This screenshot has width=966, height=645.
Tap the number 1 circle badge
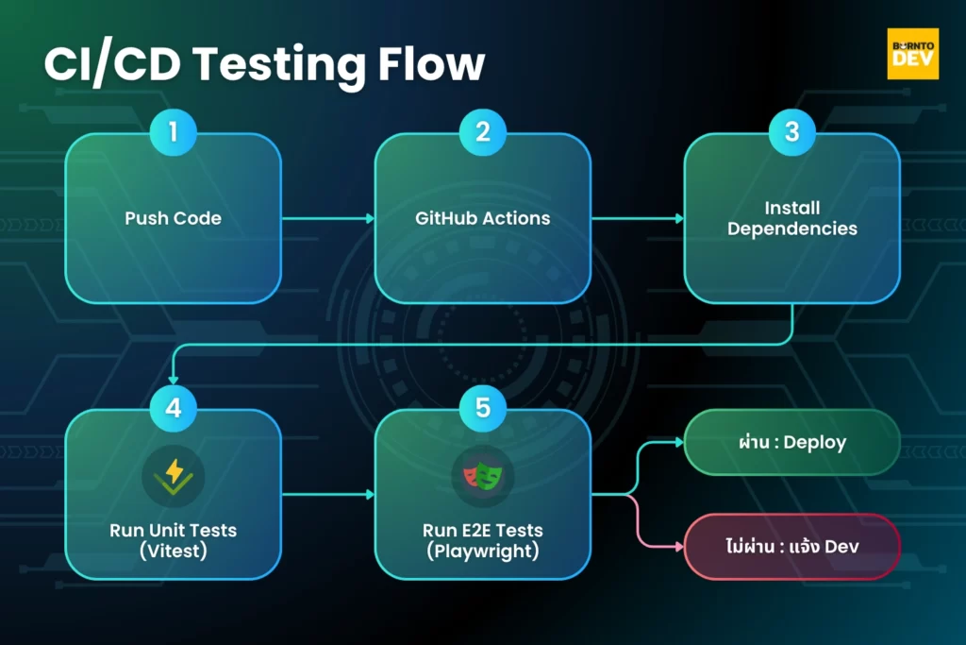click(x=173, y=132)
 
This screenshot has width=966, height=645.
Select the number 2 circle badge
click(x=482, y=132)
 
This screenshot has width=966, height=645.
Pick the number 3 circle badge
click(x=791, y=132)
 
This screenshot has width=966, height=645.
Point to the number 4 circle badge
click(x=173, y=407)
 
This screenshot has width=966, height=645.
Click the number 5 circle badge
click(x=482, y=407)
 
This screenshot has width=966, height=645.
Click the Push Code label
click(x=173, y=218)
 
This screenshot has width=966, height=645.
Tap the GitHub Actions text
click(x=482, y=218)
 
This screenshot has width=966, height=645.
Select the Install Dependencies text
click(x=791, y=218)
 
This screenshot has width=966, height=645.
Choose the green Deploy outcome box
click(x=791, y=442)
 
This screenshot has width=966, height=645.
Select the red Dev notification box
click(x=791, y=546)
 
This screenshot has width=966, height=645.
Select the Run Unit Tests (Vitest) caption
click(x=173, y=539)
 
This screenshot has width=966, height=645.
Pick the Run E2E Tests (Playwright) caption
click(x=482, y=539)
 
